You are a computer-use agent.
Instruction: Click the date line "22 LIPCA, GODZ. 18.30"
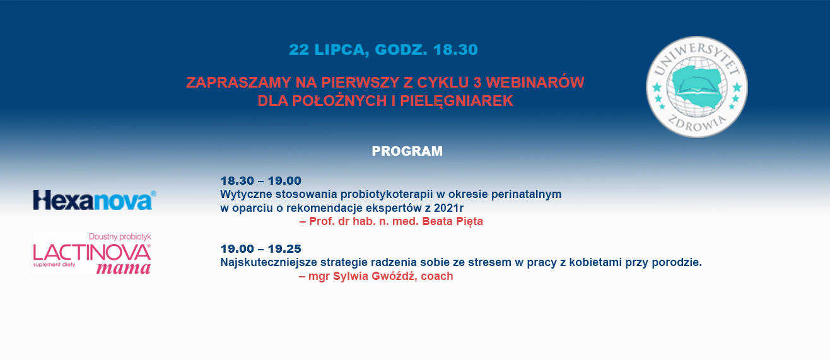point(383,50)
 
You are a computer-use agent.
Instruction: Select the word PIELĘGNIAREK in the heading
point(457,101)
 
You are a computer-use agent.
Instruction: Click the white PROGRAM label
point(407,151)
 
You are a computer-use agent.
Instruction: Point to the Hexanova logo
point(95,200)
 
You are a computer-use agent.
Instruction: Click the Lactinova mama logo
point(92,253)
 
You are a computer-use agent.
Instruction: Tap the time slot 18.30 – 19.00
point(261,181)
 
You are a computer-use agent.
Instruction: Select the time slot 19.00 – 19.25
point(261,248)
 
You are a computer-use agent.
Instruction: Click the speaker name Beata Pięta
point(452,221)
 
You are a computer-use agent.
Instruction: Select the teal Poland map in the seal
point(696,86)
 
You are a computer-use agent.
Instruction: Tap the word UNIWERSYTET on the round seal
point(696,57)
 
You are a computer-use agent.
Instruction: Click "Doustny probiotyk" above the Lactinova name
point(120,236)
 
